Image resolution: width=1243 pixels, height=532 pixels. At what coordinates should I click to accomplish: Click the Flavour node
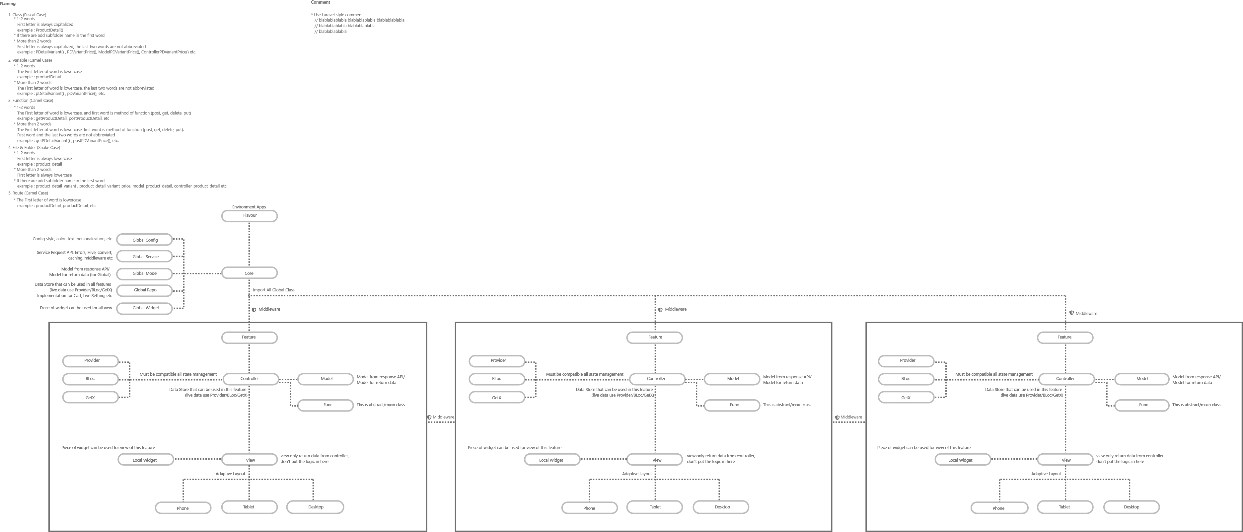click(x=250, y=216)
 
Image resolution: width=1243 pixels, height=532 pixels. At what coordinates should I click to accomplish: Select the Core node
click(x=249, y=273)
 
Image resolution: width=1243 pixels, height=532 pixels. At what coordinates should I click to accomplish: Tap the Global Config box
click(x=145, y=240)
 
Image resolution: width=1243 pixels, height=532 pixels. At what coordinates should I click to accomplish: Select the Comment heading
click(x=321, y=2)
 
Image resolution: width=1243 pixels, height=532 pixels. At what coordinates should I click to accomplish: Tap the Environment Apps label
click(x=249, y=207)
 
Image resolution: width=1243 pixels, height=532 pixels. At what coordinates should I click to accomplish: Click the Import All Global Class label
click(x=274, y=290)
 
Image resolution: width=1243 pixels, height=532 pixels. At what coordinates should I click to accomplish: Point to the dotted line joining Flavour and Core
click(x=249, y=244)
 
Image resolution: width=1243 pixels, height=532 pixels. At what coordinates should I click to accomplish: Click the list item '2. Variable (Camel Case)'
click(x=30, y=60)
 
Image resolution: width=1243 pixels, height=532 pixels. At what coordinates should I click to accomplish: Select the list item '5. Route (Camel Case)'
click(x=28, y=193)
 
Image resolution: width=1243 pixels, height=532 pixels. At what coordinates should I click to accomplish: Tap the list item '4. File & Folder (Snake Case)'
click(x=34, y=148)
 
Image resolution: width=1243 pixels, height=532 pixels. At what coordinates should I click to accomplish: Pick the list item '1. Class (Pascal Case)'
click(x=28, y=15)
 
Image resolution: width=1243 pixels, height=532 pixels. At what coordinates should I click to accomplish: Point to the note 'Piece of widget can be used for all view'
click(x=76, y=308)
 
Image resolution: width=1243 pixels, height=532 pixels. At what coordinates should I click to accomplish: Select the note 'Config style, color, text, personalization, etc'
click(x=72, y=239)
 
